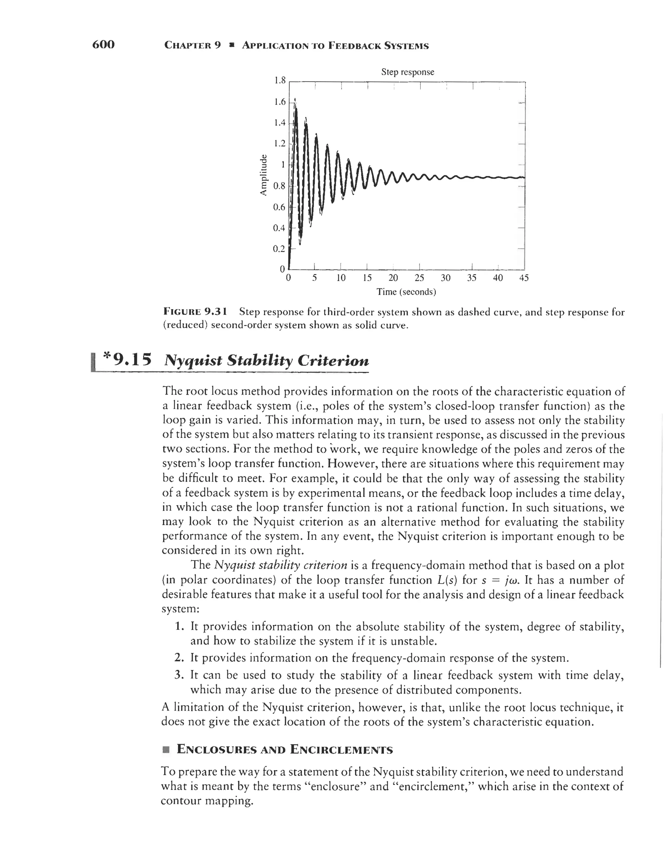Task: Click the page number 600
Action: tap(103, 44)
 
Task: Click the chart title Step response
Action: tap(408, 72)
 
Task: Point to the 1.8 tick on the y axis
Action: tap(279, 81)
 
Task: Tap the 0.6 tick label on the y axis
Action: tap(279, 207)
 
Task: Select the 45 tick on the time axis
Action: tap(524, 278)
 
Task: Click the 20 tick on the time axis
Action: tap(393, 278)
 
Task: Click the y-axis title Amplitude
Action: tap(263, 176)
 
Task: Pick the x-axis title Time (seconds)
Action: tap(406, 292)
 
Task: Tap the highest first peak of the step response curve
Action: tap(296, 103)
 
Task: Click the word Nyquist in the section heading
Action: tap(193, 361)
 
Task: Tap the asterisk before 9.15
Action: tap(107, 357)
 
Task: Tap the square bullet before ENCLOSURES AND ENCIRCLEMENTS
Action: tap(166, 749)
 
